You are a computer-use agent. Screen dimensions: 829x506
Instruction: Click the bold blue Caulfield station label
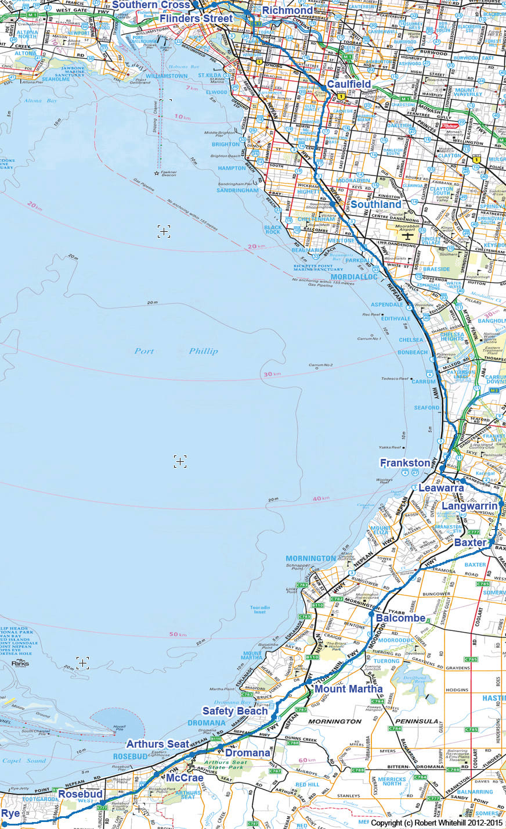click(x=349, y=84)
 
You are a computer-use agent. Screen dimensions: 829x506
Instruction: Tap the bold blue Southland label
click(x=375, y=204)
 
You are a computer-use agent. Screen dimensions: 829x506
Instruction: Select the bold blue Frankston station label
click(x=404, y=463)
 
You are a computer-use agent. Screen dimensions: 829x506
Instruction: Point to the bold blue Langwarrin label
click(x=469, y=506)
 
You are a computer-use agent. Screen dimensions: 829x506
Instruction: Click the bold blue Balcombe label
click(x=400, y=618)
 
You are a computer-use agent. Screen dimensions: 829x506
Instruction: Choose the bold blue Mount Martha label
click(x=348, y=689)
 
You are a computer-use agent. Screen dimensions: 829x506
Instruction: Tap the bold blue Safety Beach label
click(x=234, y=711)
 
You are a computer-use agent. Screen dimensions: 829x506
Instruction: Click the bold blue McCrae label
click(x=185, y=778)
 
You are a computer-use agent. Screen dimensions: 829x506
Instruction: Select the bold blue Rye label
click(x=10, y=813)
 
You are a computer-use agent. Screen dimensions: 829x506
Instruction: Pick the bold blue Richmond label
click(x=287, y=10)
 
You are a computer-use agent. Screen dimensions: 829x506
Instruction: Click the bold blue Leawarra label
click(x=441, y=488)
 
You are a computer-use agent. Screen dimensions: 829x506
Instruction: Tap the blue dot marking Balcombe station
click(x=371, y=613)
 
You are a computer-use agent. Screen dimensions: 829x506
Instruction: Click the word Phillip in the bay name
click(x=203, y=351)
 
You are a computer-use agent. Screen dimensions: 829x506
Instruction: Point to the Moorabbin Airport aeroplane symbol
click(x=408, y=236)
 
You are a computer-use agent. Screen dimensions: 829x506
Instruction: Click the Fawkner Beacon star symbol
click(x=156, y=173)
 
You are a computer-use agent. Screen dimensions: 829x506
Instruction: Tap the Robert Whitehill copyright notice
click(x=437, y=823)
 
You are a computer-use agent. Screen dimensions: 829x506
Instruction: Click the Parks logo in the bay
click(x=19, y=663)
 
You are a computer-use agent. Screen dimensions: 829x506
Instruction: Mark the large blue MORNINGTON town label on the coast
click(x=310, y=558)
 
